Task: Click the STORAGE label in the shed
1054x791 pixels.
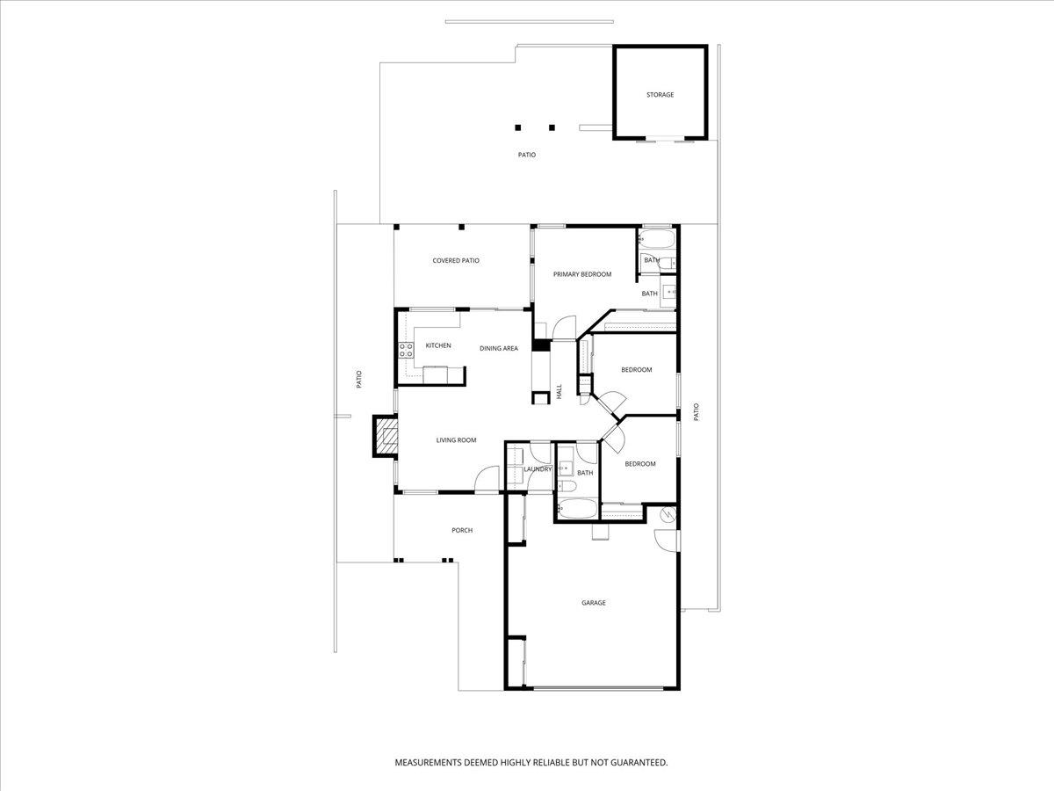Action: [x=660, y=94]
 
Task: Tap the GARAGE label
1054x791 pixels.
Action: [x=593, y=603]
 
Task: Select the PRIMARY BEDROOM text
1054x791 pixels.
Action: [x=581, y=274]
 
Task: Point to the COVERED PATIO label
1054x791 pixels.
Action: [x=455, y=260]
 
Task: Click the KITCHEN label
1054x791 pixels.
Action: [x=437, y=345]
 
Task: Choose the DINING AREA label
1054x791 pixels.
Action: [x=498, y=348]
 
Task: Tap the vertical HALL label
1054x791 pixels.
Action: [x=559, y=391]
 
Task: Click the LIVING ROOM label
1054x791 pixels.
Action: [x=456, y=439]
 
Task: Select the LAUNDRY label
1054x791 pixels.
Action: [x=537, y=469]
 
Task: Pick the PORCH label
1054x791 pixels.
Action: [x=461, y=530]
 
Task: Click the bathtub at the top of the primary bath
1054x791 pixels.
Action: [x=657, y=239]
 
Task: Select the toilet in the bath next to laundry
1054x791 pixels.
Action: [x=567, y=485]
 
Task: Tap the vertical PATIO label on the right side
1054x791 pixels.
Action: [x=696, y=411]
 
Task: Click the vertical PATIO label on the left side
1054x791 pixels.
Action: [x=358, y=380]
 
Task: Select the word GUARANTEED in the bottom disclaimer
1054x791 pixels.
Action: [x=635, y=762]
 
